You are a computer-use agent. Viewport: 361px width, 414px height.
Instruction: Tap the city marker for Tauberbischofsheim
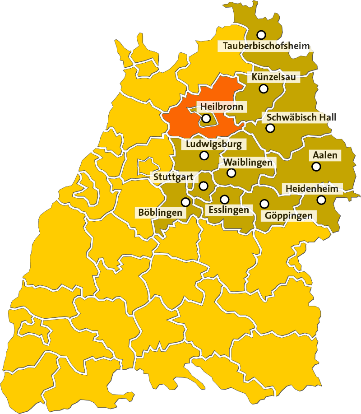point(261,35)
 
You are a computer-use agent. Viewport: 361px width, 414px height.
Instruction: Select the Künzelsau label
point(274,78)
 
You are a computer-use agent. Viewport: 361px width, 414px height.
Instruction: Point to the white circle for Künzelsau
point(264,88)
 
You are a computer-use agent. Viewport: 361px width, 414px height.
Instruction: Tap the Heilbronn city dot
point(206,119)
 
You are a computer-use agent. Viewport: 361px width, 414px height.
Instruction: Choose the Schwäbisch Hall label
point(301,117)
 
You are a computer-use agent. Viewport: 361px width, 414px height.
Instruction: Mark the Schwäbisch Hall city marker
point(270,128)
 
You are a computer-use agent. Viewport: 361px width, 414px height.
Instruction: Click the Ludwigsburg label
point(214,144)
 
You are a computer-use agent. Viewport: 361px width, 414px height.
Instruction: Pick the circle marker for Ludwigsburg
point(204,156)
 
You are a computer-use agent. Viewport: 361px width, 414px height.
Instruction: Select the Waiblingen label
point(248,162)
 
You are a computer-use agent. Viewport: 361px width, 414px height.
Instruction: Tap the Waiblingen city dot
point(231,173)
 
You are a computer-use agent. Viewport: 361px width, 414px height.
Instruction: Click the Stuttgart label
point(173,177)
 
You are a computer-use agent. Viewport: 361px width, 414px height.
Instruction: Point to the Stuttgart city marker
point(204,186)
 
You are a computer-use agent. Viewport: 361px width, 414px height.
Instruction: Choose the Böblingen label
point(161,212)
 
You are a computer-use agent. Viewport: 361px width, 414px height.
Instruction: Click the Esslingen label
point(228,210)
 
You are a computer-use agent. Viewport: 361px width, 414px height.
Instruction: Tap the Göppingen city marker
point(264,204)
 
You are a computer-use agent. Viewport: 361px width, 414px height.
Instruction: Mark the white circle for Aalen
point(316,167)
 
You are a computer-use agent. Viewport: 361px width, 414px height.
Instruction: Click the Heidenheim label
point(312,188)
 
